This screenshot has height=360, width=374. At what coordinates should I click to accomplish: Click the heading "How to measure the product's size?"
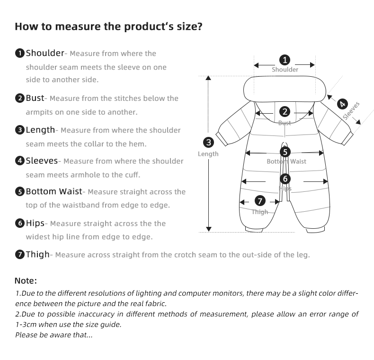109,26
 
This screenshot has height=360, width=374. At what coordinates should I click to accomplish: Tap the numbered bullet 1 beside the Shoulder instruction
20,53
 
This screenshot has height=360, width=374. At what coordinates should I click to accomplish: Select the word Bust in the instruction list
35,98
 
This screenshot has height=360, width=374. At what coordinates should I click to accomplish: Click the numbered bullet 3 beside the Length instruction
20,130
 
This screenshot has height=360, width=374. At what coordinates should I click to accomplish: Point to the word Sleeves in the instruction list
42,161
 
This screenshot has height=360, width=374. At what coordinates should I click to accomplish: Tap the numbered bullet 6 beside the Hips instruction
20,223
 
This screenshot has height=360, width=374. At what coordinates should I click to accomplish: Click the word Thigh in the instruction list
37,254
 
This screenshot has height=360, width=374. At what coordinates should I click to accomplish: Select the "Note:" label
26,281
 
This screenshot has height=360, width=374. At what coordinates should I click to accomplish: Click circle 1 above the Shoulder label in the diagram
285,60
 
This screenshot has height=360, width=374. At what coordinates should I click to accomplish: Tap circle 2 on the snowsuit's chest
285,112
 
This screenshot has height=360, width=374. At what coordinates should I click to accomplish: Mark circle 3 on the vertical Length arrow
208,142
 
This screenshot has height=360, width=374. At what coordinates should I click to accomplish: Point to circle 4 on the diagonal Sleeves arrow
342,104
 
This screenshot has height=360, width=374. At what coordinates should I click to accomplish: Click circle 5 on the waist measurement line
285,152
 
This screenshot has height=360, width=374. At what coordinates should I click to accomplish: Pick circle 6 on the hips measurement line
285,179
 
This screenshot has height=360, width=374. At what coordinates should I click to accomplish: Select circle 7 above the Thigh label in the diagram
260,201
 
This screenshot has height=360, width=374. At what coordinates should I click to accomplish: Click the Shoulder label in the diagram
285,70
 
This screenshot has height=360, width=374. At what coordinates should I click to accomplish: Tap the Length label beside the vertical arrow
208,154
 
